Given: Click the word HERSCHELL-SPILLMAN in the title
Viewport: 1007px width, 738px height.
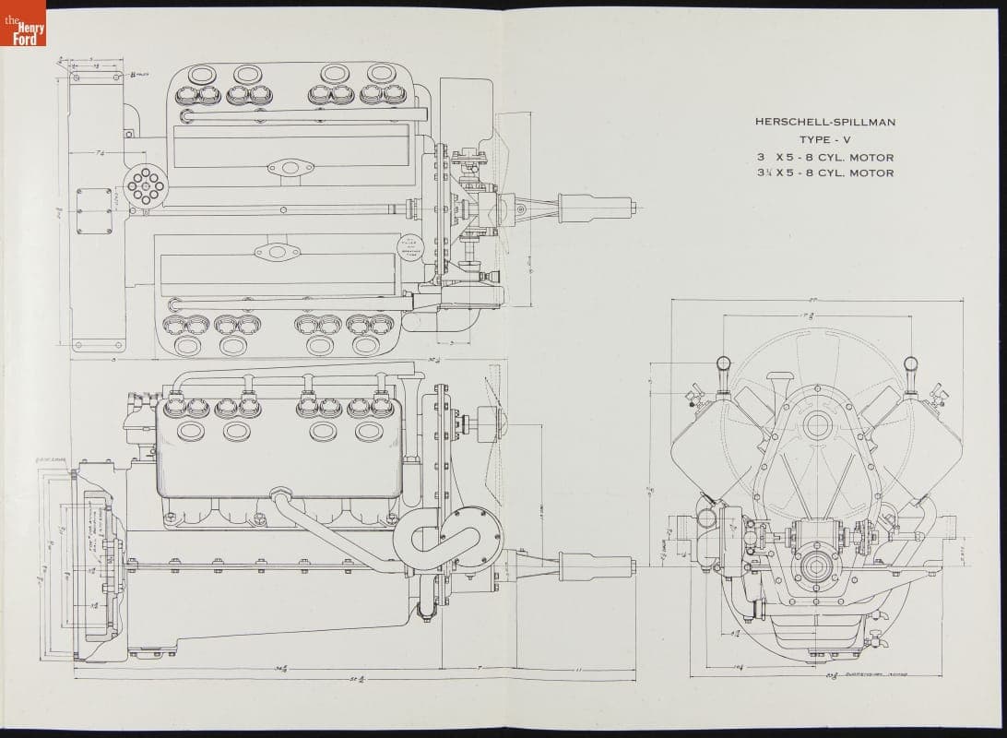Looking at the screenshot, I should [x=824, y=122].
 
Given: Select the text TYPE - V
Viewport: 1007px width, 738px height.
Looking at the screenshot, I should [x=824, y=139].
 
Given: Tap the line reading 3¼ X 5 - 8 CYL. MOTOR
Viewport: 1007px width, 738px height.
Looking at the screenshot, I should [x=824, y=173].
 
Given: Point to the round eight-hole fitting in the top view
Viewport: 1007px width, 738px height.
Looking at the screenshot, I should [x=145, y=186].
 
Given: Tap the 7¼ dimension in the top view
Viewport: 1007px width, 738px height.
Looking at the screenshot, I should [x=98, y=152].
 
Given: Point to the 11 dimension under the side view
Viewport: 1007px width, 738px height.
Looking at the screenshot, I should [x=576, y=668].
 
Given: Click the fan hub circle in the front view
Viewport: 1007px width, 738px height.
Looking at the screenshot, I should [x=815, y=425].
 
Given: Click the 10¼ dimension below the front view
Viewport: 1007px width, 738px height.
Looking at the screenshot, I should [x=740, y=665].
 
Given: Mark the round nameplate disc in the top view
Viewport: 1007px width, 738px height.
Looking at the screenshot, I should [x=409, y=245].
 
